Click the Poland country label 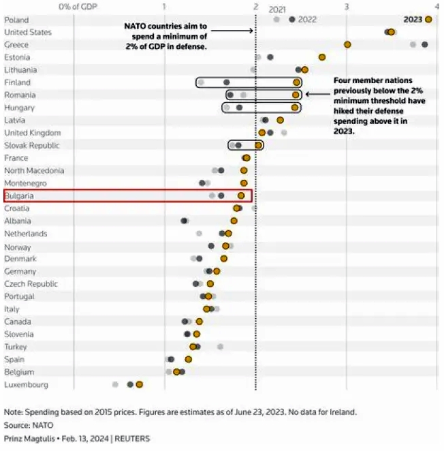tap(16, 20)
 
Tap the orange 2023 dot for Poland tap(428, 19)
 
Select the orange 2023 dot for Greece tap(347, 44)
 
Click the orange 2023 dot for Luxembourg tap(139, 384)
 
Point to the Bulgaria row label tap(19, 196)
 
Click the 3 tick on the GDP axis tap(347, 7)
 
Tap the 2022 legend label tap(307, 20)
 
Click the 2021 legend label tap(277, 10)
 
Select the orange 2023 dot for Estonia tap(322, 57)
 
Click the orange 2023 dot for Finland tap(296, 82)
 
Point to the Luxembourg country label tap(26, 384)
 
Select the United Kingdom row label tap(32, 133)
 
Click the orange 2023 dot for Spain tap(189, 359)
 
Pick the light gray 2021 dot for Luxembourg tap(115, 384)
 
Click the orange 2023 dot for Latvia tap(280, 120)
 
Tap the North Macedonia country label tap(34, 170)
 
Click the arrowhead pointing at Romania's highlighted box tap(306, 95)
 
